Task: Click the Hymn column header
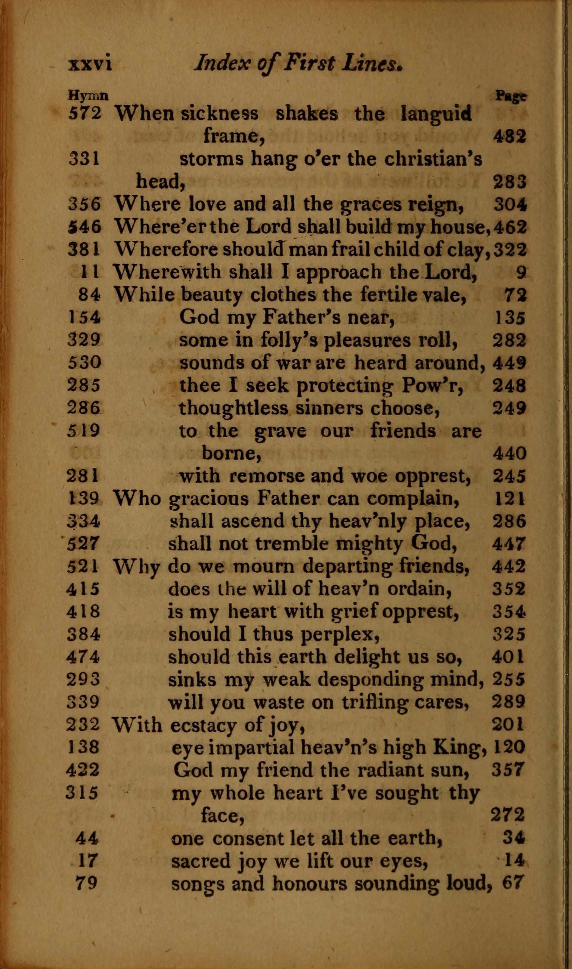tap(88, 95)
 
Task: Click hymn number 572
tap(85, 113)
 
